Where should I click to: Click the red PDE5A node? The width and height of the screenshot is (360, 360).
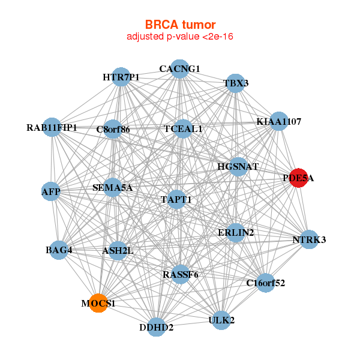tap(298, 178)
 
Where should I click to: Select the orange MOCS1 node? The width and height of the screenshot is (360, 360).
tap(98, 303)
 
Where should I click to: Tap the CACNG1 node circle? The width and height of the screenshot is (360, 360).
tap(180, 69)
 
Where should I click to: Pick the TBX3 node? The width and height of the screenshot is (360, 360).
tap(236, 83)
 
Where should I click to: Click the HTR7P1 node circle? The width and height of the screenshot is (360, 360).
tap(121, 77)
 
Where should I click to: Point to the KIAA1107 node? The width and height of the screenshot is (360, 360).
tap(279, 121)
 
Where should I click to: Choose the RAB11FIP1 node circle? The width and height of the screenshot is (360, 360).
tap(52, 127)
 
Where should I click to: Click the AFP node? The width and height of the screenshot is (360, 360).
tap(51, 191)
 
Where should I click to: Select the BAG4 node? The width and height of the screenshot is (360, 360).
tap(59, 250)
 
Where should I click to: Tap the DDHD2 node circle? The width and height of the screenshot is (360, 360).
tap(157, 327)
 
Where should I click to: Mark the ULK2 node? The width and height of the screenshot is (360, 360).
tap(221, 320)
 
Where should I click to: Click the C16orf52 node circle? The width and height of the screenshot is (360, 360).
tap(266, 283)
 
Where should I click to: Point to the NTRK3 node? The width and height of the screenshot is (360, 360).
tap(309, 239)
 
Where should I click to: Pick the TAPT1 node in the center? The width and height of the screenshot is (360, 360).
tap(176, 200)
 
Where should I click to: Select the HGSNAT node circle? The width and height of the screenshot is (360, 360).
tap(238, 167)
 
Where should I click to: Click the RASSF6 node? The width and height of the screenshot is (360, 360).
tap(181, 274)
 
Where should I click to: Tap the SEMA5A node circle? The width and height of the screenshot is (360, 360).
tap(112, 187)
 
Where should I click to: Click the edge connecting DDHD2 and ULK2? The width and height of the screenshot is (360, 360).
tap(189, 324)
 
